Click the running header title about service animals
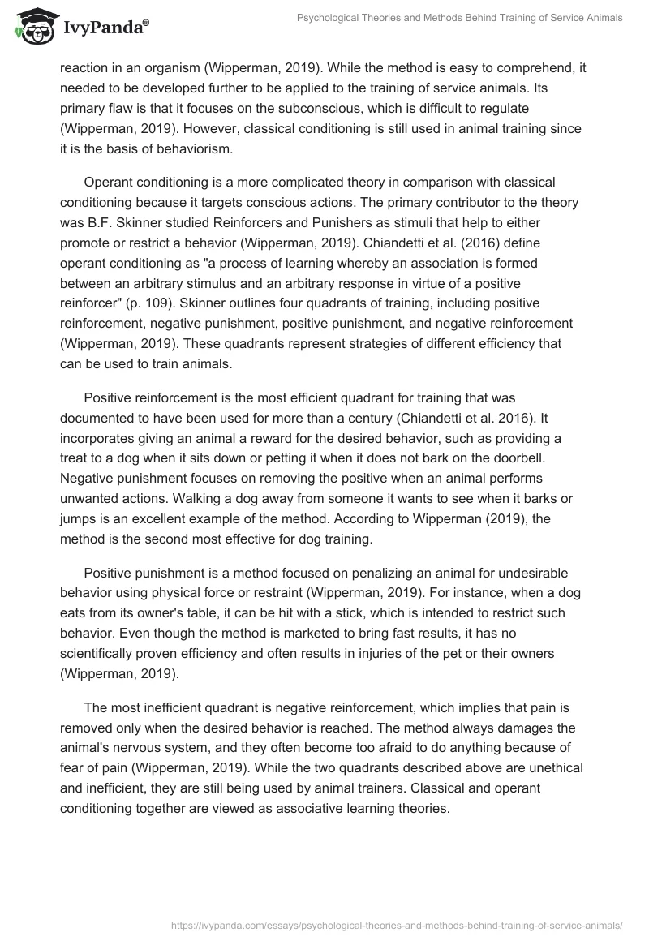click(461, 18)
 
